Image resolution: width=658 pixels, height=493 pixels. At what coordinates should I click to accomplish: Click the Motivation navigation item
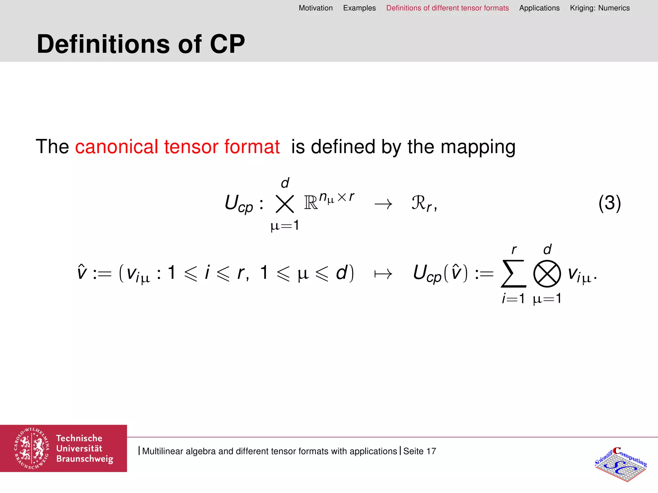[316, 8]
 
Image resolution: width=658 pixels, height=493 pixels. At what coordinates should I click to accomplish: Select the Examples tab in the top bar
[359, 8]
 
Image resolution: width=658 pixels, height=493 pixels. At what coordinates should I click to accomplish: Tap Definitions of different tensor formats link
[447, 8]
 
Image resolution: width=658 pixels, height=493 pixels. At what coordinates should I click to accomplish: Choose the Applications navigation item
[539, 8]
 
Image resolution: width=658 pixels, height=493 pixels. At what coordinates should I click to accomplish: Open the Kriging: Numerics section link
[600, 8]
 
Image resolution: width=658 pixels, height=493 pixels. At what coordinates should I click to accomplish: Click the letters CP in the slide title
[227, 44]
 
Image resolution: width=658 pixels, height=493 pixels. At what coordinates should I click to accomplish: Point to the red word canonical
[116, 147]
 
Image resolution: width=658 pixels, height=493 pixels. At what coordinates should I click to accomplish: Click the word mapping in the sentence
[478, 147]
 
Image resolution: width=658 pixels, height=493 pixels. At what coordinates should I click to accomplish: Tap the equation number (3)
[609, 203]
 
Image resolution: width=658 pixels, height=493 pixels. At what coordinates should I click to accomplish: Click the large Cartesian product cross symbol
[285, 204]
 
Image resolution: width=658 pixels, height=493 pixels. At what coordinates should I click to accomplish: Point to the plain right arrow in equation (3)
[383, 204]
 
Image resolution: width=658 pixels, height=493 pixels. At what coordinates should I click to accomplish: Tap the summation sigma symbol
[513, 273]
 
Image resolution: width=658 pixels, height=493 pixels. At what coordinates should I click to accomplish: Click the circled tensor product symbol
[547, 273]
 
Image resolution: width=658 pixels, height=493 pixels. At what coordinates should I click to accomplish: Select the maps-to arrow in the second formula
[383, 274]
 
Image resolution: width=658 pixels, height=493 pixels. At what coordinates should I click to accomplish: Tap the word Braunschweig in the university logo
[84, 459]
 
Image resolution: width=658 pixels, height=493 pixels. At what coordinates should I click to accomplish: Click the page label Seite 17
[420, 451]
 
